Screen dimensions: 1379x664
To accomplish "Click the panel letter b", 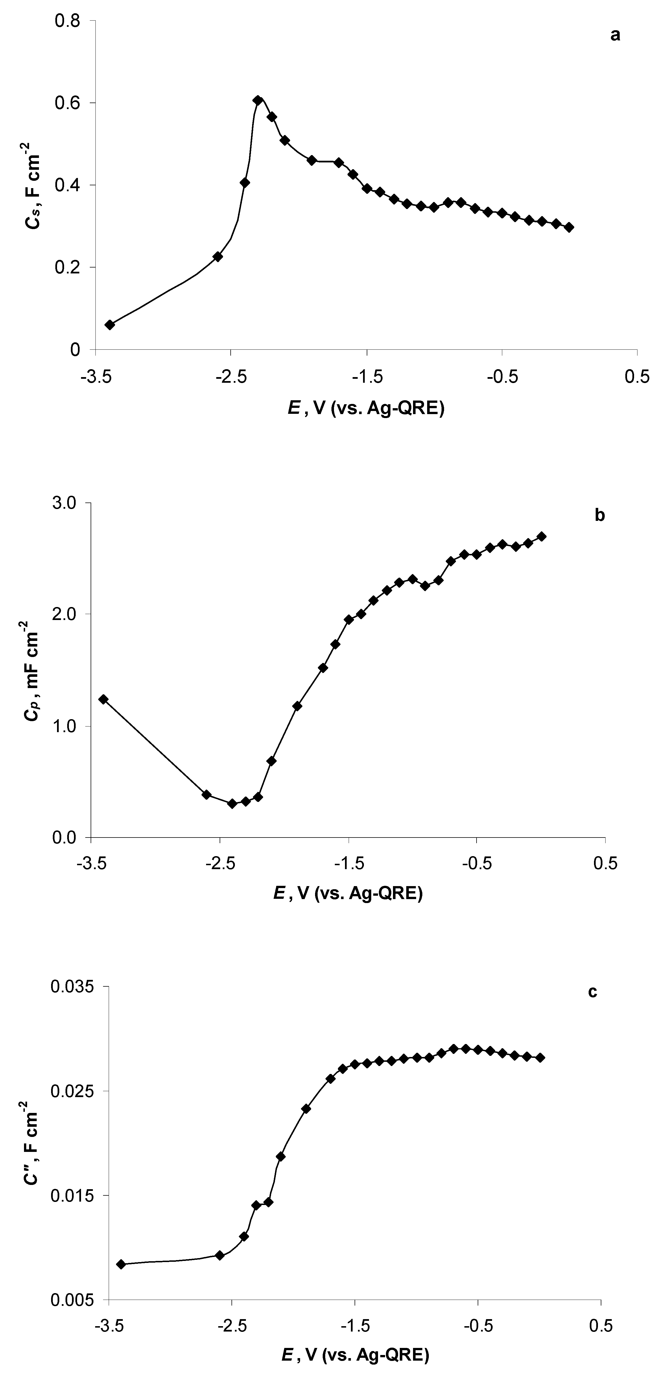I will pos(600,515).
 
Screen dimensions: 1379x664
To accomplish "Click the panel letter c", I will pos(592,992).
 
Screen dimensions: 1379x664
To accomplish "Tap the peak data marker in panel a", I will pos(258,100).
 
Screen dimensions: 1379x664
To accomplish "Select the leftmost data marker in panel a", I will pos(110,324).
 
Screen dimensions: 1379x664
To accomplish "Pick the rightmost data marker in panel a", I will pos(569,227).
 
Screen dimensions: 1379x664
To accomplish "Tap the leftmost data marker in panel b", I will pos(103,699).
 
